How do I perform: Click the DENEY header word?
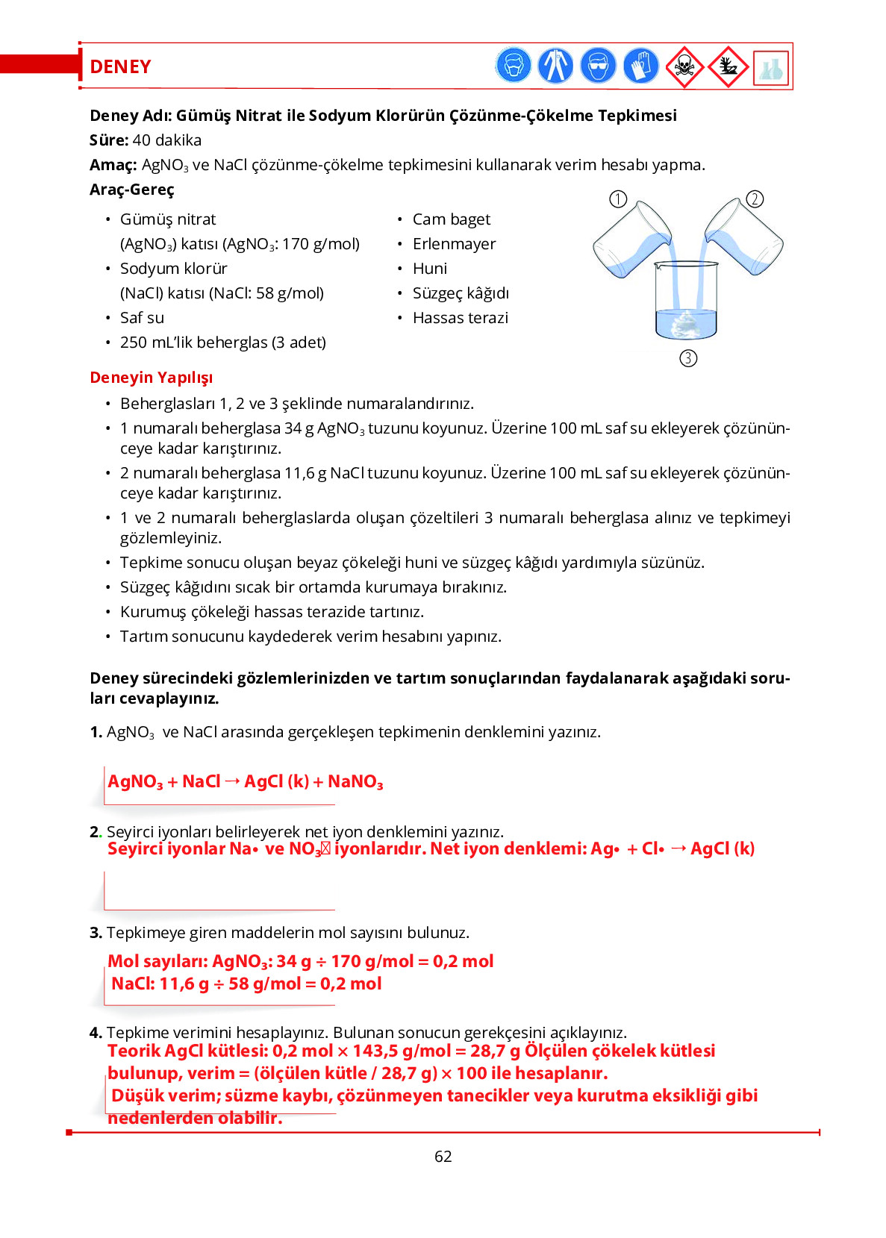click(x=120, y=67)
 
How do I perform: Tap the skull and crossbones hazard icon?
click(x=684, y=67)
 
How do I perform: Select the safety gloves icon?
click(x=640, y=66)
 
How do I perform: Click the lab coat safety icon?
click(x=555, y=66)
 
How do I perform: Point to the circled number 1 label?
click(x=618, y=199)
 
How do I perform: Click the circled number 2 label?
click(x=755, y=199)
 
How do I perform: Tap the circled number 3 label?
click(x=688, y=358)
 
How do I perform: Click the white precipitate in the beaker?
click(x=685, y=323)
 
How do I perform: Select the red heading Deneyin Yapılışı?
click(x=151, y=378)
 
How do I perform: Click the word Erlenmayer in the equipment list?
click(x=454, y=244)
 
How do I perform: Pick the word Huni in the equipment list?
click(x=430, y=269)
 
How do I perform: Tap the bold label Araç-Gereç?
click(x=131, y=190)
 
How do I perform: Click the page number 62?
click(x=443, y=1157)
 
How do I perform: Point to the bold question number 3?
click(x=96, y=933)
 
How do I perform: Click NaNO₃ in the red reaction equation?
click(x=355, y=782)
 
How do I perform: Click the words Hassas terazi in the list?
click(x=460, y=318)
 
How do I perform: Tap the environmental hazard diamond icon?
click(x=727, y=67)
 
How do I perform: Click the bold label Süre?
click(x=109, y=140)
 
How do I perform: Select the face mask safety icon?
click(x=514, y=66)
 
